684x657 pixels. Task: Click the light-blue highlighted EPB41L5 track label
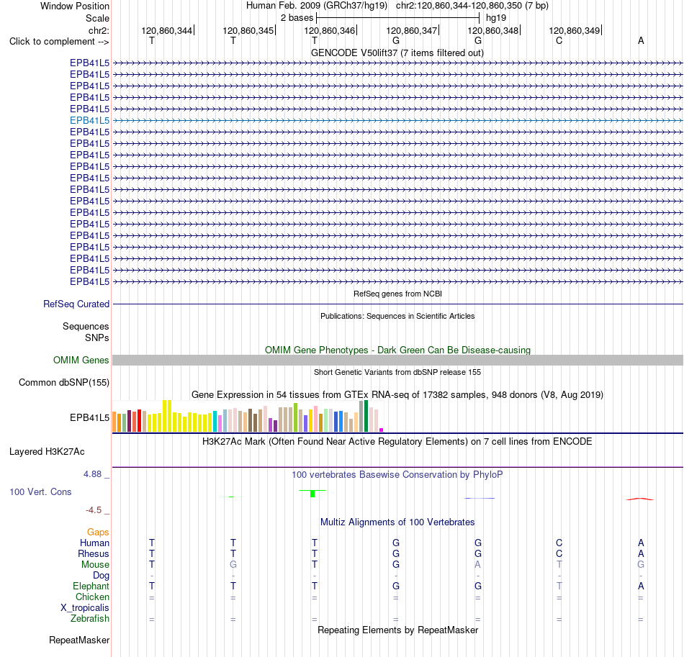pyautogui.click(x=89, y=120)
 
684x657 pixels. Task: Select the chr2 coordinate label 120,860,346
pyautogui.click(x=329, y=30)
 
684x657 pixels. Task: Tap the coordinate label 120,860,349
pyautogui.click(x=574, y=30)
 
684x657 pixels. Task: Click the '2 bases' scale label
pyautogui.click(x=297, y=18)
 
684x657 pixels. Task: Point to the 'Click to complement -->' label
pyautogui.click(x=59, y=42)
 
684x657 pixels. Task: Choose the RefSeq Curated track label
pyautogui.click(x=76, y=304)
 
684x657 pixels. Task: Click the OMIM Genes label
pyautogui.click(x=81, y=360)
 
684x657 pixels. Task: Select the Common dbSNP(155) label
pyautogui.click(x=63, y=382)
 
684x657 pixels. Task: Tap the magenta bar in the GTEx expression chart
pyautogui.click(x=382, y=430)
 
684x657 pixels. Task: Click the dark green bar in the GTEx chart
pyautogui.click(x=366, y=416)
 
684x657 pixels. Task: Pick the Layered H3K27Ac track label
pyautogui.click(x=47, y=452)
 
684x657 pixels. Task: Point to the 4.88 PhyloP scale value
pyautogui.click(x=92, y=474)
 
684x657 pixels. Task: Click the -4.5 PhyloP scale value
pyautogui.click(x=94, y=510)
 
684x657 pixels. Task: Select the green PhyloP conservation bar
pyautogui.click(x=312, y=494)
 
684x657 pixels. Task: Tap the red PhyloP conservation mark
pyautogui.click(x=639, y=499)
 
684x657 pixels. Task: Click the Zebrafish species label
pyautogui.click(x=90, y=619)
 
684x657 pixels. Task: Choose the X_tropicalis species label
pyautogui.click(x=85, y=608)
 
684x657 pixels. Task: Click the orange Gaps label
pyautogui.click(x=98, y=532)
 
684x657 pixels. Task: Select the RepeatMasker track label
pyautogui.click(x=79, y=640)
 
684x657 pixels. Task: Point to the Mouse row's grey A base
pyautogui.click(x=477, y=565)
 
